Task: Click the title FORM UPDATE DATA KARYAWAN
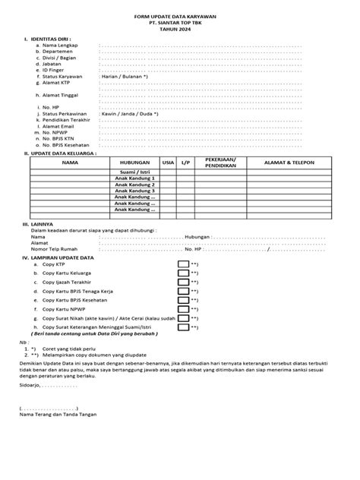181,14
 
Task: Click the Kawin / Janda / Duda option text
129,114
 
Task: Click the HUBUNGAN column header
134,163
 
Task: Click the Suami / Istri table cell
134,173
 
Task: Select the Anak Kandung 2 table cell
134,185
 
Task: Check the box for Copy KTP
183,264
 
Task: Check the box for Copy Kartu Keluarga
183,276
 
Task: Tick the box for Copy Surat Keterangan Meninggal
183,328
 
